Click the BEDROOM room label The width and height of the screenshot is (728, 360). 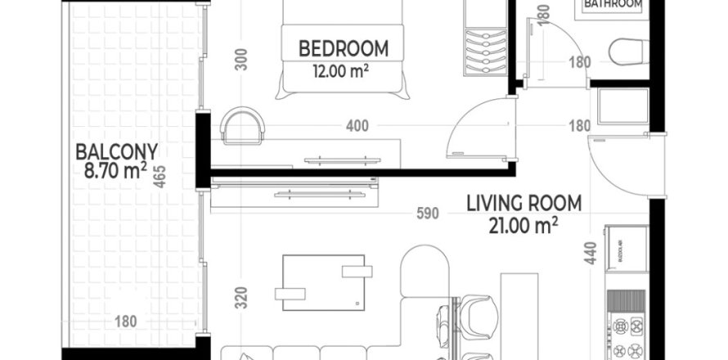343,47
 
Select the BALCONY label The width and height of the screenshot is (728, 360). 115,151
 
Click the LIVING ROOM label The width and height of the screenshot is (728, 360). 524,202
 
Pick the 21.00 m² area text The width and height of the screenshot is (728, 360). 524,223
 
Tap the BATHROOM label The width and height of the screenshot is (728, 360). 613,5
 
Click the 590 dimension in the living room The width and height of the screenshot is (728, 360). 428,214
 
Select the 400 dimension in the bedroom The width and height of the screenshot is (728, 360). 357,126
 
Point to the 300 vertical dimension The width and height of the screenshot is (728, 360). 241,60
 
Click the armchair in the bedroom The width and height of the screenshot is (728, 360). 243,124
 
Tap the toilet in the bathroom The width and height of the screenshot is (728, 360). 628,52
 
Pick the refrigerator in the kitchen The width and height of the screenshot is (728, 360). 626,250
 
